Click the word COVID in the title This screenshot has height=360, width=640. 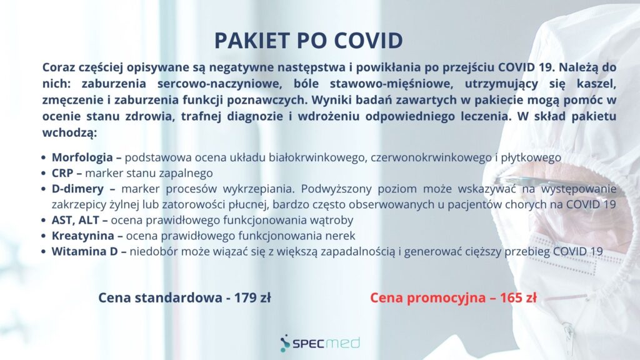point(369,40)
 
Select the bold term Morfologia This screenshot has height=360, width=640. point(82,157)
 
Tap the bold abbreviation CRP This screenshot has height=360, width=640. point(62,173)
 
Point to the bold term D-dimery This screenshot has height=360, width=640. point(77,189)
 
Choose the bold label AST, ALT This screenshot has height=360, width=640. point(76,221)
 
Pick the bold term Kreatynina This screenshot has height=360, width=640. point(83,236)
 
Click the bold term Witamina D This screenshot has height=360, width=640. point(84,251)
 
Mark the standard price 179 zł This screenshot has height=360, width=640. point(252,297)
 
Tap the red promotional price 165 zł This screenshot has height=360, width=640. point(518,297)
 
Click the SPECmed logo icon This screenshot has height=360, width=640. point(285,343)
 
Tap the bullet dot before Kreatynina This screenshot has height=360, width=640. point(43,236)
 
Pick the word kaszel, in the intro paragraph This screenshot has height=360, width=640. point(596,84)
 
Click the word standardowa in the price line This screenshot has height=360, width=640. point(178,297)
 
